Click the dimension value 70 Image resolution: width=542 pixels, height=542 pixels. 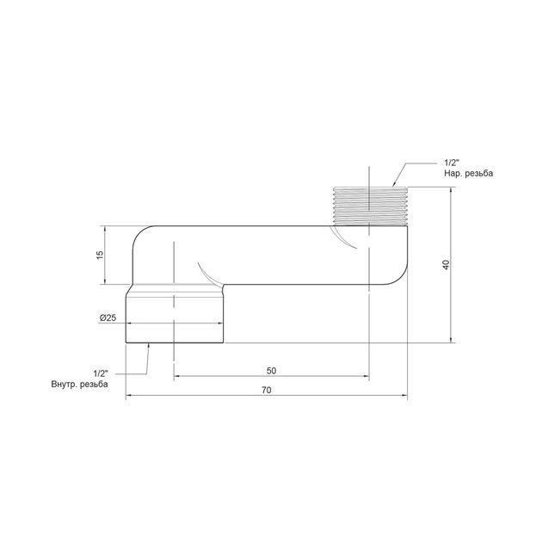coord(267,390)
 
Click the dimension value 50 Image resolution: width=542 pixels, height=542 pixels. coord(271,371)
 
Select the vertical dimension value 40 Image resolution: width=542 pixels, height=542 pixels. coord(446,265)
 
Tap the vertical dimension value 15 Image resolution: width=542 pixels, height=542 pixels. coord(100,255)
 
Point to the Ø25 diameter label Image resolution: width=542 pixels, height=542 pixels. coord(108,317)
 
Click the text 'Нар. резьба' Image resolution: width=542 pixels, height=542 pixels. coord(468,173)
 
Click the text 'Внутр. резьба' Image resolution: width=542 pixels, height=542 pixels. coord(79,384)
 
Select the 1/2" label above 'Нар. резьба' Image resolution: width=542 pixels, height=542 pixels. coord(452,163)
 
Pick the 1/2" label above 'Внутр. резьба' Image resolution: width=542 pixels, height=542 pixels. coord(101,373)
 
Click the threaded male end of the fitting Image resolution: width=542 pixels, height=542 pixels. coord(370,206)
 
